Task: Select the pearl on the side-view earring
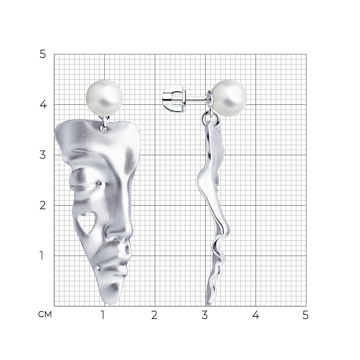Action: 229,98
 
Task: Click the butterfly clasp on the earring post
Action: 175,99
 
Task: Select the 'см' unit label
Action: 45,315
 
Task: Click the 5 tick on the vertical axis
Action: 43,54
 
